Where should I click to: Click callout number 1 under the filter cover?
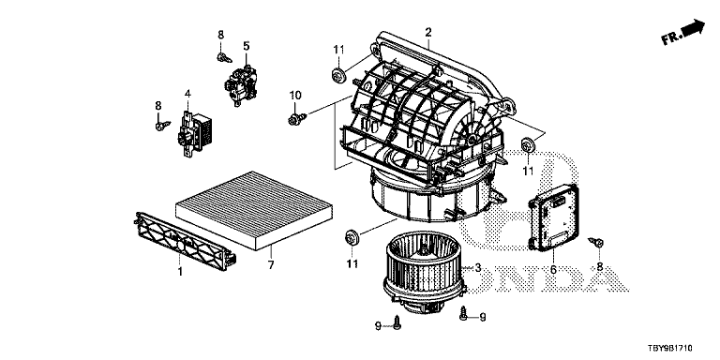[x=180, y=272]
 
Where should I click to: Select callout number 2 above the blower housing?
[x=427, y=32]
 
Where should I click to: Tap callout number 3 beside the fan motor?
[x=477, y=268]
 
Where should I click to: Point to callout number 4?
[x=187, y=94]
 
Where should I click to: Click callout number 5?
[x=247, y=46]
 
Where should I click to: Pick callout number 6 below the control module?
[x=553, y=270]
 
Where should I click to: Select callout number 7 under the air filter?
[x=271, y=265]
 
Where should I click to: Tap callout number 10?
[x=295, y=96]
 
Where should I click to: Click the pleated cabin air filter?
[x=255, y=210]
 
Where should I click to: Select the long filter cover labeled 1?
[x=185, y=240]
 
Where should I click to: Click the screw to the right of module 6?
[x=596, y=242]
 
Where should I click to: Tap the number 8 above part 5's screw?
[x=221, y=35]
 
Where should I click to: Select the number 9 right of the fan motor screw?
[x=482, y=316]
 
